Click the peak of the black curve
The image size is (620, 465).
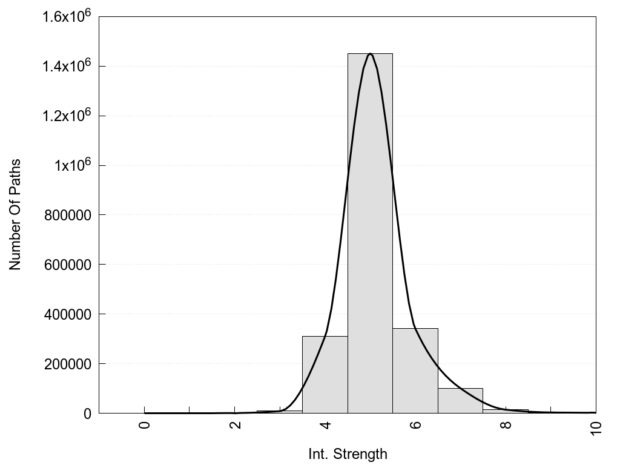tap(370, 54)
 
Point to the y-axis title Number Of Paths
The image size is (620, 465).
tap(15, 214)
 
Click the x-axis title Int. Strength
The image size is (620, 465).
tap(348, 453)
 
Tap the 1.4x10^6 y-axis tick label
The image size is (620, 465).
tap(66, 65)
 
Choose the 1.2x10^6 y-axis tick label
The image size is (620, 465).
tap(66, 115)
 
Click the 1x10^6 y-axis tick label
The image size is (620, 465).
tap(71, 165)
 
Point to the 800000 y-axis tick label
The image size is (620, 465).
tap(68, 215)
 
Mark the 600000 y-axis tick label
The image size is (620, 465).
tap(68, 265)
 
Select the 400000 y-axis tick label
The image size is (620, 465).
tap(68, 314)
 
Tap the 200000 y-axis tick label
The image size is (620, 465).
tap(68, 364)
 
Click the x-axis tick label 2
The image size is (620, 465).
tap(235, 424)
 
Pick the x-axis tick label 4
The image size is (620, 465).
tap(325, 424)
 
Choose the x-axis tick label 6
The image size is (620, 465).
tap(415, 424)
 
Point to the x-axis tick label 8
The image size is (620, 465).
tap(506, 424)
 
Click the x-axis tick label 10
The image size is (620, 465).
tap(596, 427)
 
